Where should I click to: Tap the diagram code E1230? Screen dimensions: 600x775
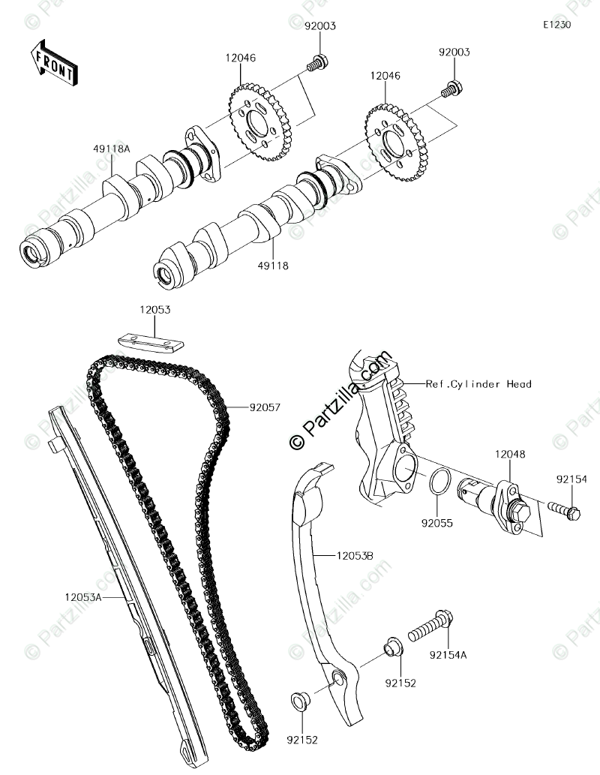point(557,25)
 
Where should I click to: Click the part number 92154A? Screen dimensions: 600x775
point(448,655)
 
